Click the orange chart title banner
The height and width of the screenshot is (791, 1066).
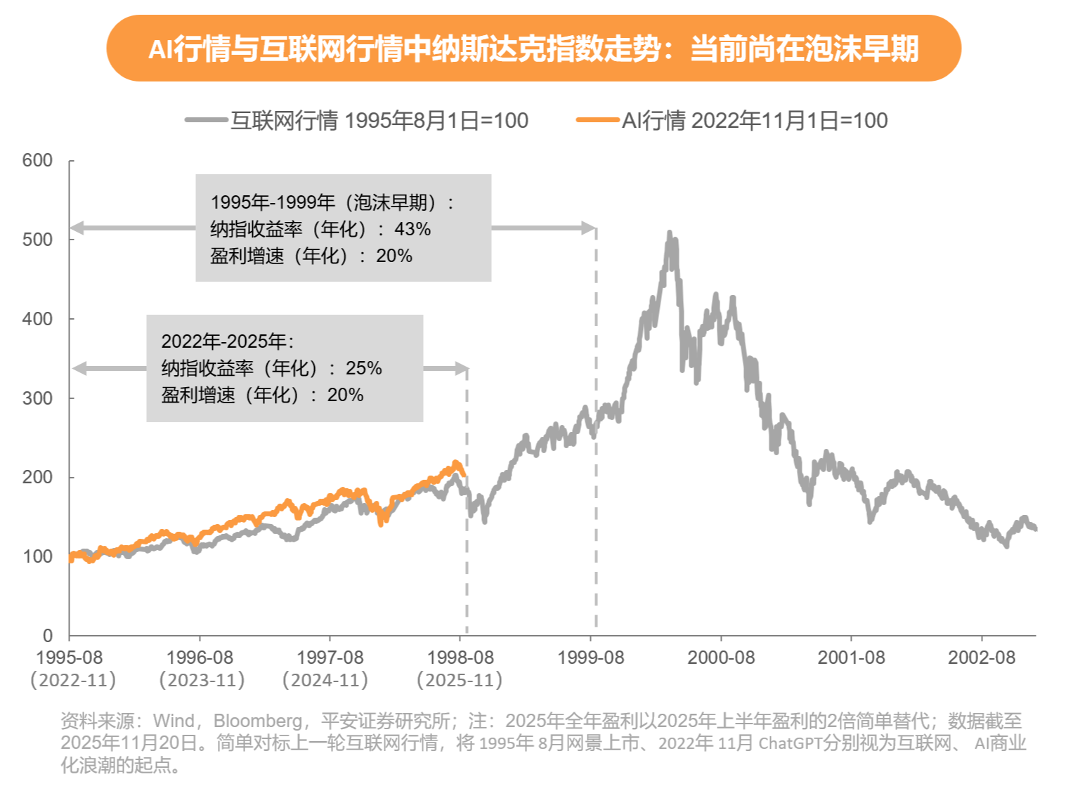(533, 48)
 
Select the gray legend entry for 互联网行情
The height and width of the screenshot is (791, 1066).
(357, 120)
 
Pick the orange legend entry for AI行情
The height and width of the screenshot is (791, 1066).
(732, 120)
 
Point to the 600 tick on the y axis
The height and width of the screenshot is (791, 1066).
(37, 160)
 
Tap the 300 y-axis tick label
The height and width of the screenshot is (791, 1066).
(37, 398)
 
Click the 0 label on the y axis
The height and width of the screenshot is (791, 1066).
(47, 636)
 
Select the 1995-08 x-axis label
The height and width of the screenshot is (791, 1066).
(69, 658)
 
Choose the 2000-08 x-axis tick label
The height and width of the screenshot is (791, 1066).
(720, 658)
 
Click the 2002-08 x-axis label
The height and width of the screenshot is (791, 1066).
(981, 658)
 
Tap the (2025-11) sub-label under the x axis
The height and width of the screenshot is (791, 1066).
(460, 680)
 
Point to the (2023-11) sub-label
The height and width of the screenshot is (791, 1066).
(202, 680)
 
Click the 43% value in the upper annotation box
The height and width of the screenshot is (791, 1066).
(412, 229)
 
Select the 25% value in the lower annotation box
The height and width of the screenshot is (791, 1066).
(364, 368)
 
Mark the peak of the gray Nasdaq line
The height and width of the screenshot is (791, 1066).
(669, 233)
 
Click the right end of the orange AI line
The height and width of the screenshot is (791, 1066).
(464, 474)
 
